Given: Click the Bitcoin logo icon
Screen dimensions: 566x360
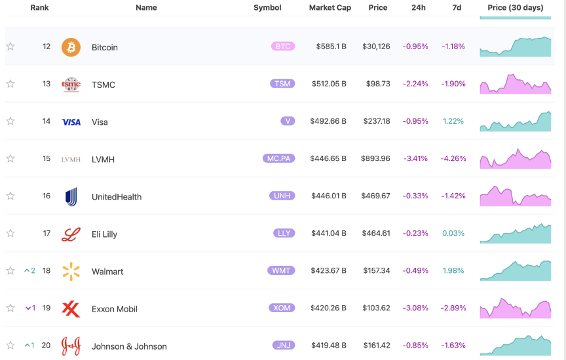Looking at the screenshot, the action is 71,47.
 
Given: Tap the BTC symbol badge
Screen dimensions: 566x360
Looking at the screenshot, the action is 283,46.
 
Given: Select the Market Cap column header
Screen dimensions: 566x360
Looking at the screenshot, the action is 330,8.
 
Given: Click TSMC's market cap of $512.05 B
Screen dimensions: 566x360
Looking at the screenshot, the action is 329,84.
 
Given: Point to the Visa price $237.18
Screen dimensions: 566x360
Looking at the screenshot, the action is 377,121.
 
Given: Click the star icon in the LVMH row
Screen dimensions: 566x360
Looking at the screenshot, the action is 10,158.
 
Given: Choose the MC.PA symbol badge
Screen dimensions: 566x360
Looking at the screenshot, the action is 278,158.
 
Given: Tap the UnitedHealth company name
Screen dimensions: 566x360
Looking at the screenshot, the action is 117,197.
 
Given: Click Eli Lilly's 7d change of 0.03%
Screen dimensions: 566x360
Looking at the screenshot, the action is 453,234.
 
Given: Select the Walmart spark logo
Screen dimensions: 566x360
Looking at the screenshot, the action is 71,271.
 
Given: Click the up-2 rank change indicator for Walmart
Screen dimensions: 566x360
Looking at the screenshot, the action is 29,270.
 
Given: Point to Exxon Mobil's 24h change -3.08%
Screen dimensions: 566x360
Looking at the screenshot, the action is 415,308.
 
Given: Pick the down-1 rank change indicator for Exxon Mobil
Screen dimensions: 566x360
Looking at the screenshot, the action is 30,308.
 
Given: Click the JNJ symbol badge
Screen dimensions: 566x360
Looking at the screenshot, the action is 284,345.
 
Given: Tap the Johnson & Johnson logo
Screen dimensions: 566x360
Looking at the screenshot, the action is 71,346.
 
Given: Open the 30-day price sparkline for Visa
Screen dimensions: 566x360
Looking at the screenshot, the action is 515,122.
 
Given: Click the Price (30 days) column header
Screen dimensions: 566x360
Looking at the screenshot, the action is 515,8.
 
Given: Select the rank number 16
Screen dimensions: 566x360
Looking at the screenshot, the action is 47,196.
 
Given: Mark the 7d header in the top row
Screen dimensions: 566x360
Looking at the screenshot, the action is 457,8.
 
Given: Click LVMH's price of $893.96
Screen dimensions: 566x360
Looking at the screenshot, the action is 375,158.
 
